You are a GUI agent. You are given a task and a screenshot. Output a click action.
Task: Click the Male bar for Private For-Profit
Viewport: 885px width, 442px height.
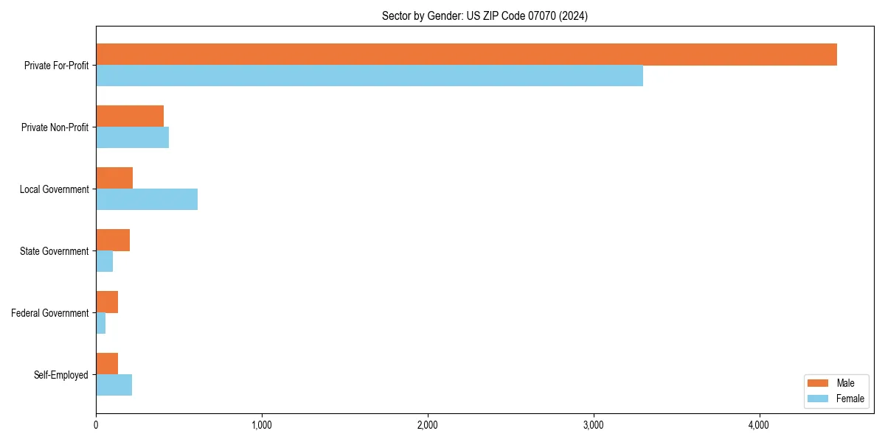pyautogui.click(x=466, y=55)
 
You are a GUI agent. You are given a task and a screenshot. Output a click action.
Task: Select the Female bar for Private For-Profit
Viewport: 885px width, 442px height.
pyautogui.click(x=369, y=76)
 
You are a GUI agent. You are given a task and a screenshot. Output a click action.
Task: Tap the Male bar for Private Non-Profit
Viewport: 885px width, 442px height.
pyautogui.click(x=130, y=116)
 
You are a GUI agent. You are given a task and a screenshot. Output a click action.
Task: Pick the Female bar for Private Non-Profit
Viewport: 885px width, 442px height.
pyautogui.click(x=133, y=138)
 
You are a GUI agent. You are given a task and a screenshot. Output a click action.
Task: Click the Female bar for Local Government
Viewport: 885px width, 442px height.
pyautogui.click(x=147, y=200)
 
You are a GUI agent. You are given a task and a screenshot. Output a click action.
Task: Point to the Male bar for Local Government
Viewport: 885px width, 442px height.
pyautogui.click(x=114, y=178)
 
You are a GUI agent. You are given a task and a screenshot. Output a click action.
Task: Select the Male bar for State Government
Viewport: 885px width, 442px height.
pyautogui.click(x=113, y=240)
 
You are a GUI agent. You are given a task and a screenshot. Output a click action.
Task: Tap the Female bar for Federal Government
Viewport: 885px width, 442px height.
pyautogui.click(x=101, y=323)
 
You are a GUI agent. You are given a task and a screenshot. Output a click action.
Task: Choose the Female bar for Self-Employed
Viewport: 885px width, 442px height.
pyautogui.click(x=114, y=385)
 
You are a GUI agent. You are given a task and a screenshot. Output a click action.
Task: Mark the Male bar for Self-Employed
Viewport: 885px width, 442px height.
pyautogui.click(x=107, y=364)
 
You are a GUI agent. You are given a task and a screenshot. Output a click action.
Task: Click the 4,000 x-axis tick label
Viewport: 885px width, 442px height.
pyautogui.click(x=759, y=425)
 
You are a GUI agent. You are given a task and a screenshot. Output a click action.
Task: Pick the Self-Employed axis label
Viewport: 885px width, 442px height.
pyautogui.click(x=61, y=375)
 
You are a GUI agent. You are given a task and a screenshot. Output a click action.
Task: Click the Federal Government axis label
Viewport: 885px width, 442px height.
pyautogui.click(x=50, y=313)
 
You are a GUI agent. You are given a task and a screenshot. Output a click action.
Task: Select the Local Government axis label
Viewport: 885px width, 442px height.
pyautogui.click(x=55, y=189)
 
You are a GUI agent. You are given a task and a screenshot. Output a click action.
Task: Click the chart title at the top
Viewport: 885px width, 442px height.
pyautogui.click(x=485, y=15)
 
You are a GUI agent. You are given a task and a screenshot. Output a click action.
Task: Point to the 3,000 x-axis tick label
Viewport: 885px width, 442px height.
pyautogui.click(x=594, y=425)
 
